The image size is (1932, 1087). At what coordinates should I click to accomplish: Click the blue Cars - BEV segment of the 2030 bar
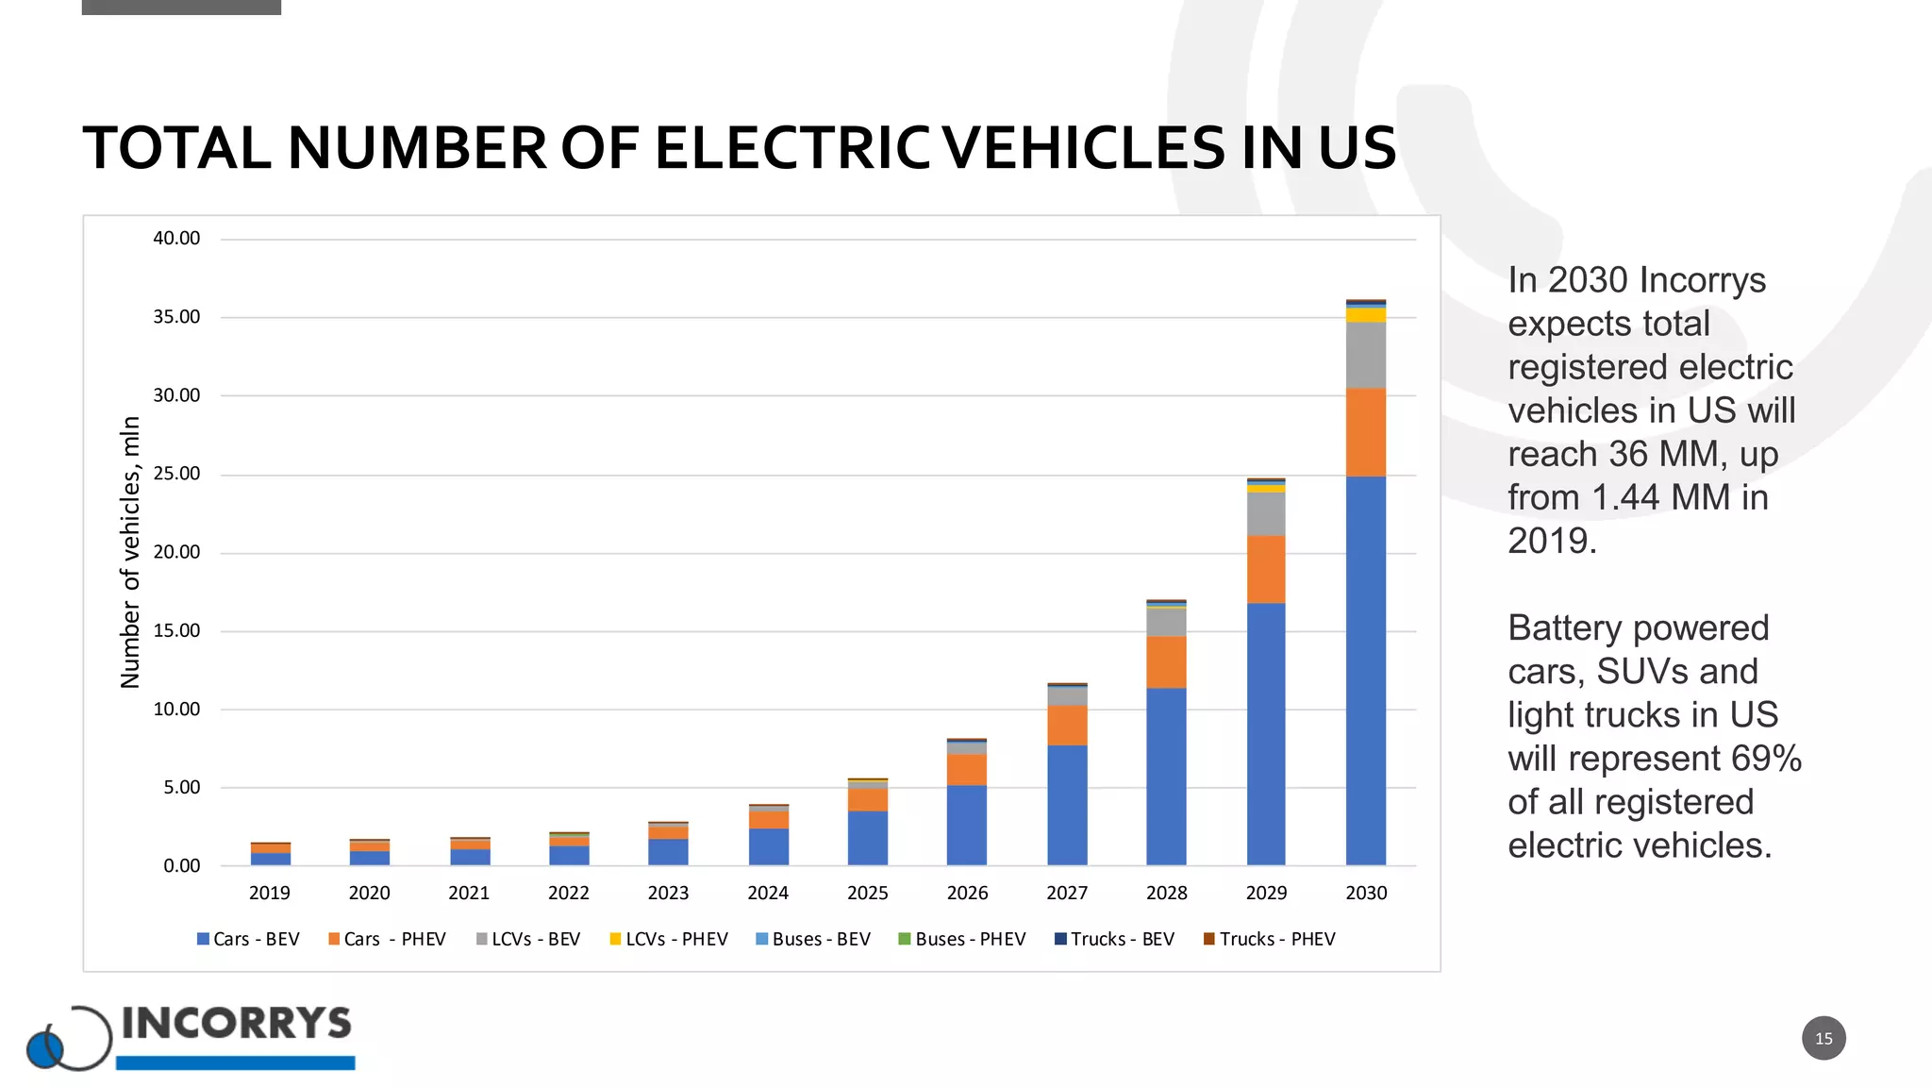[1365, 670]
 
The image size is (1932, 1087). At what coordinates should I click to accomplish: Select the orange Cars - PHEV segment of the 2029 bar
[1265, 569]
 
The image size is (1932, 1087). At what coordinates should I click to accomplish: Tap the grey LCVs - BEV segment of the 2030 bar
[1365, 355]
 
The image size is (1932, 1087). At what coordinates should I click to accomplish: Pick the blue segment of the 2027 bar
[1066, 805]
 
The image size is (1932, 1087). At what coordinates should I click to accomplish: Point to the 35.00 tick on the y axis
[176, 317]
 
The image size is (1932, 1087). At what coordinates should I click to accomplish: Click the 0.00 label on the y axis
[181, 865]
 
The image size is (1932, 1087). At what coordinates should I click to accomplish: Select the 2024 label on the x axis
[767, 893]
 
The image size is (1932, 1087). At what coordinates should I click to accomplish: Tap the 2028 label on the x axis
[1166, 893]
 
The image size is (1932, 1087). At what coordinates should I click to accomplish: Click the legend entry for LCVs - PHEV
[669, 939]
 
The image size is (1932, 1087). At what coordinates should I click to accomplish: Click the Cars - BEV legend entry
[248, 939]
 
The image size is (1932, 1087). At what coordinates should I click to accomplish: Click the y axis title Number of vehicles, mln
[130, 552]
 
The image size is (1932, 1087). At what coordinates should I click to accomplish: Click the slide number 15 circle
[1823, 1038]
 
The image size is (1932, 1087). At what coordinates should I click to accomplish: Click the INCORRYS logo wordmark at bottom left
[236, 1024]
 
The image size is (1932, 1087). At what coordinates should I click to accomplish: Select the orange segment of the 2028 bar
[1166, 661]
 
